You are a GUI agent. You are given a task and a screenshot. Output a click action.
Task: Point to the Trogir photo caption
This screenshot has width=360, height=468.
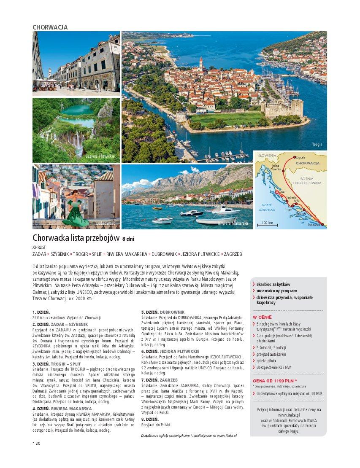[317, 145]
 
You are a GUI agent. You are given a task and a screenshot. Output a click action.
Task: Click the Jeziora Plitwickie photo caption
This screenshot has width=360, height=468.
[100, 156]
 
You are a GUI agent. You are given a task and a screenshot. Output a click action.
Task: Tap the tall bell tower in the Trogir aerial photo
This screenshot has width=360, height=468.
[201, 65]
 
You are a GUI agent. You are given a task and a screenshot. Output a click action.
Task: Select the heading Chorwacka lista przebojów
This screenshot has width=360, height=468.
[76, 238]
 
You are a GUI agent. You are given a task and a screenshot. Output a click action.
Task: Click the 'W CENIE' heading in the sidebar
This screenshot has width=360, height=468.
[262, 317]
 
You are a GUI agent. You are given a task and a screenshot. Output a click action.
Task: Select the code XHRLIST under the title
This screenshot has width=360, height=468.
[38, 247]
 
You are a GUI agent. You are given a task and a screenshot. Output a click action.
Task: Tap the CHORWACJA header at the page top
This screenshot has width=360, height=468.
[50, 27]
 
